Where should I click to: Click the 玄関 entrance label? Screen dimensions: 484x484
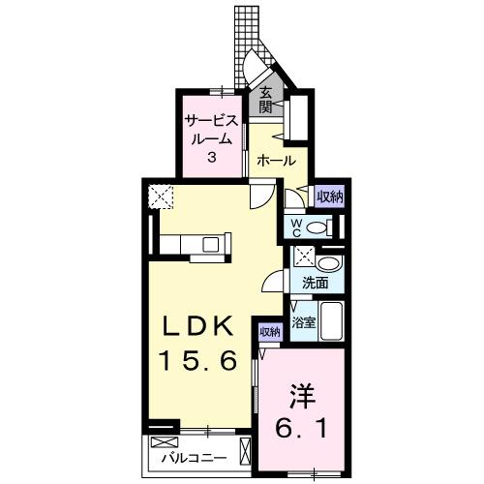(x=264, y=100)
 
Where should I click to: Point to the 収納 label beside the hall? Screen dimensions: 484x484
(x=329, y=197)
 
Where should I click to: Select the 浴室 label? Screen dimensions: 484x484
(x=305, y=321)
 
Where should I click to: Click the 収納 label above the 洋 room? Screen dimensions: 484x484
(x=269, y=332)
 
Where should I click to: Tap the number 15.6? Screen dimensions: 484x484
(x=197, y=360)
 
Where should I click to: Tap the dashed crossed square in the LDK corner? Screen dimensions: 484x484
(x=160, y=196)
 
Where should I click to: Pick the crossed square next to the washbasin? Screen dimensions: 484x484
(x=304, y=259)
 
